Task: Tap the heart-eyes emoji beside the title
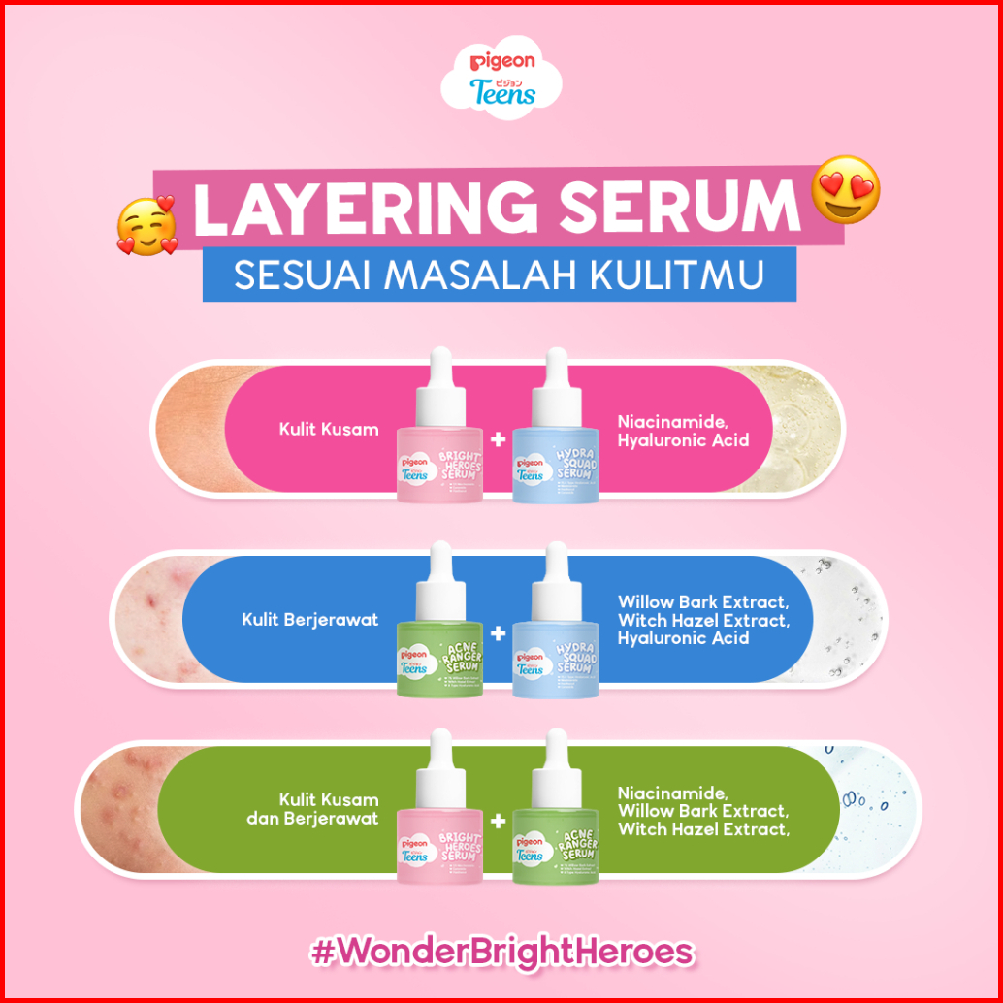846,188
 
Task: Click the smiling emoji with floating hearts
147,225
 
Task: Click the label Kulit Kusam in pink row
329,429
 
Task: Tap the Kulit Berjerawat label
310,619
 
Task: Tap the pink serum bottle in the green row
439,825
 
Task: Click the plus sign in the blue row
499,633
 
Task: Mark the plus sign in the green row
499,822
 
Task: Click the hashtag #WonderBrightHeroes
501,951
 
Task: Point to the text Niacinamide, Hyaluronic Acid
683,431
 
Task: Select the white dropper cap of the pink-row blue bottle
557,373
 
